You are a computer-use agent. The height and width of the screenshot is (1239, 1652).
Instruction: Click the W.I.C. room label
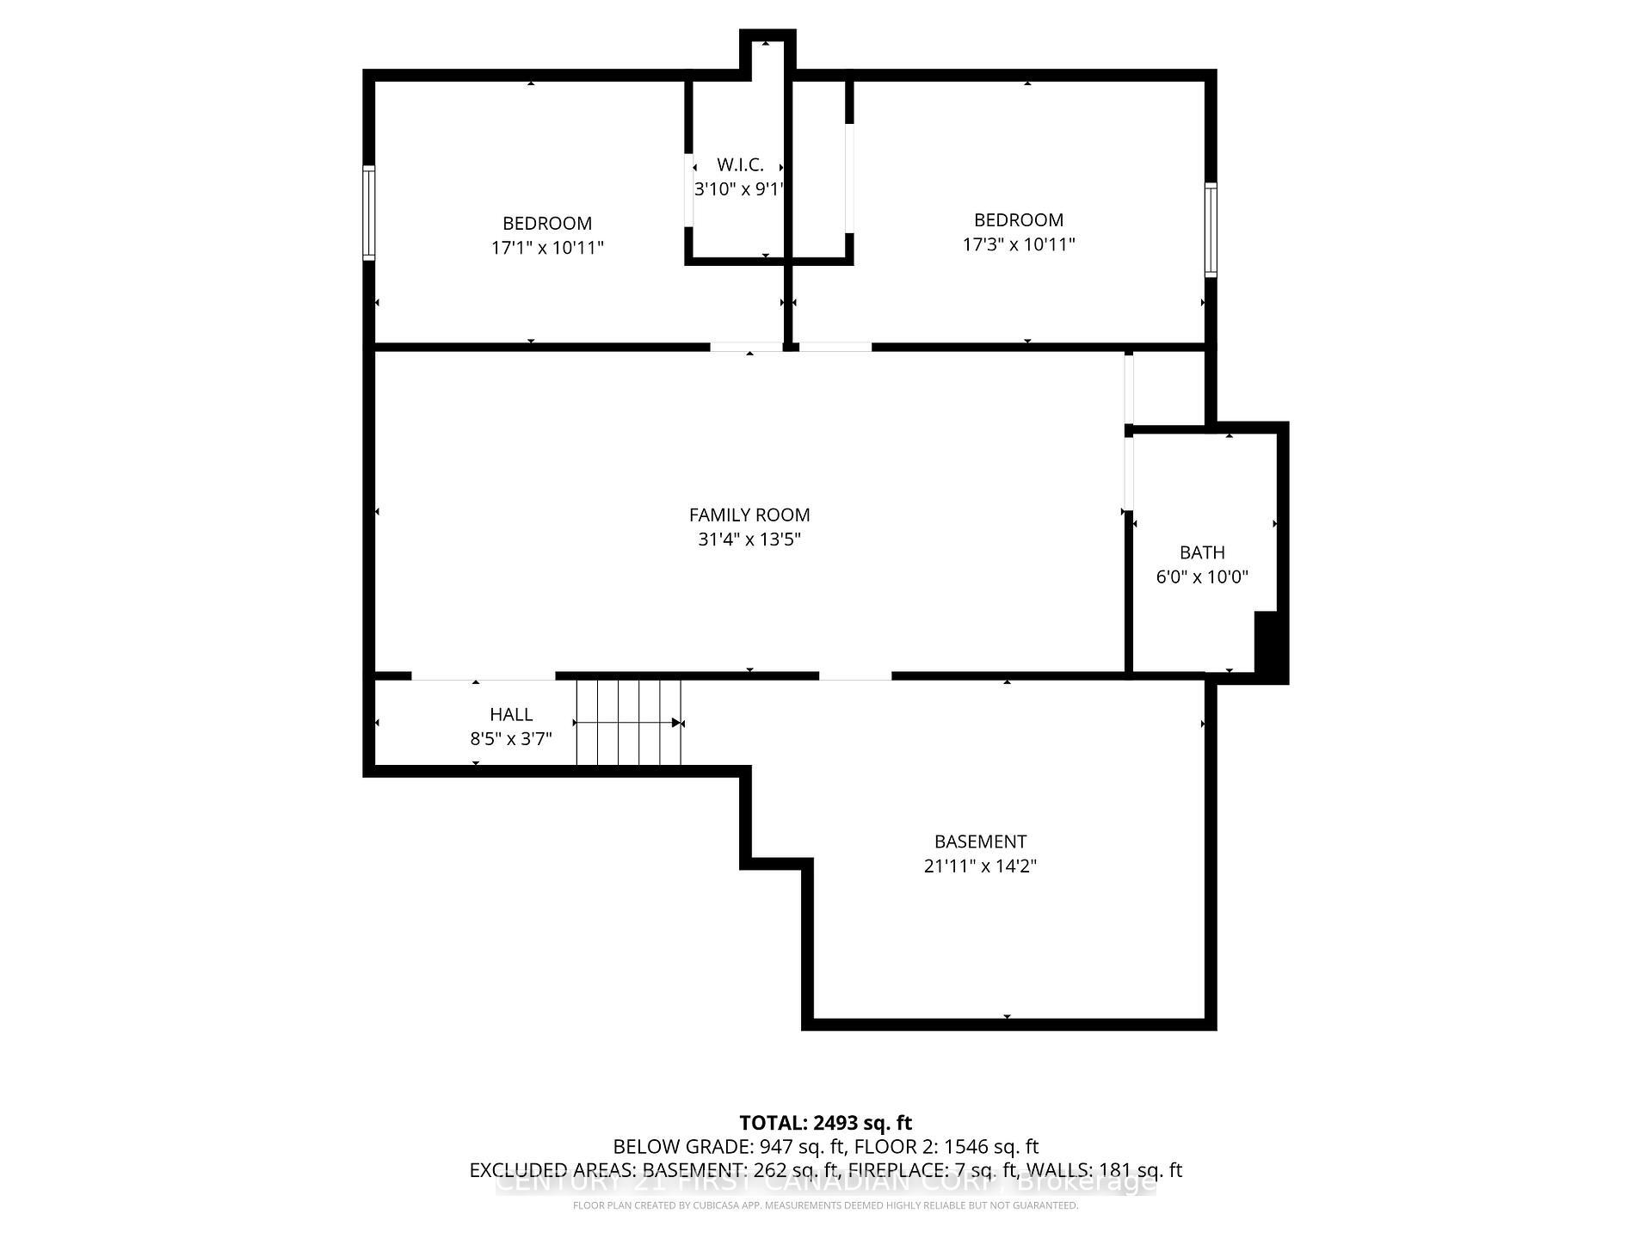(740, 165)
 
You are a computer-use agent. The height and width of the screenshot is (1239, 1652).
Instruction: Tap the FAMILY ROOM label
(749, 515)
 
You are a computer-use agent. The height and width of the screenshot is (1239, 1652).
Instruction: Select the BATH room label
(1202, 552)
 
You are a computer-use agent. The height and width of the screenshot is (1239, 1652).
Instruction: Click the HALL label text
(511, 714)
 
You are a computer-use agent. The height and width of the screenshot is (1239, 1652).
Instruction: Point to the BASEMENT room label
(980, 841)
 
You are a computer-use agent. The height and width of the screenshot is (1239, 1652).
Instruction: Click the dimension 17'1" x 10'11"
(547, 248)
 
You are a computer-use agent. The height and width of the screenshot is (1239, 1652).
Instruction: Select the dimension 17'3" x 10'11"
(1019, 244)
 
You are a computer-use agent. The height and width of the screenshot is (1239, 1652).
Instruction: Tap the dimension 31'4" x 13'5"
(749, 539)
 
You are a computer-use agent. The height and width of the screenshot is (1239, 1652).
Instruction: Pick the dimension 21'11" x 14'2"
(980, 866)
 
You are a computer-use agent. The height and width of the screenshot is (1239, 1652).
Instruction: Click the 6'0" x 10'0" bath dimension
(1202, 577)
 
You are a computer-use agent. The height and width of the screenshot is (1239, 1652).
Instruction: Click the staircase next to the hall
(628, 723)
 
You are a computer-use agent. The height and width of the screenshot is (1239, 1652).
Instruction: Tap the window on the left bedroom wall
(369, 213)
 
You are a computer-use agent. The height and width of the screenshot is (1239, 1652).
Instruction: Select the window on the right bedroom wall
(1211, 230)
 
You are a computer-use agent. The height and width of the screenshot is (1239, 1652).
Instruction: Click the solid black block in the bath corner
(1267, 644)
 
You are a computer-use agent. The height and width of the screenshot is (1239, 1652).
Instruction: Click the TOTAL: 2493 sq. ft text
(825, 1123)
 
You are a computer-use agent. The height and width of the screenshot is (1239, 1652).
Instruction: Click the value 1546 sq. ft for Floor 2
(991, 1147)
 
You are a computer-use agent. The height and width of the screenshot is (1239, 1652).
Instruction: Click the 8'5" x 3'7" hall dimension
(511, 739)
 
